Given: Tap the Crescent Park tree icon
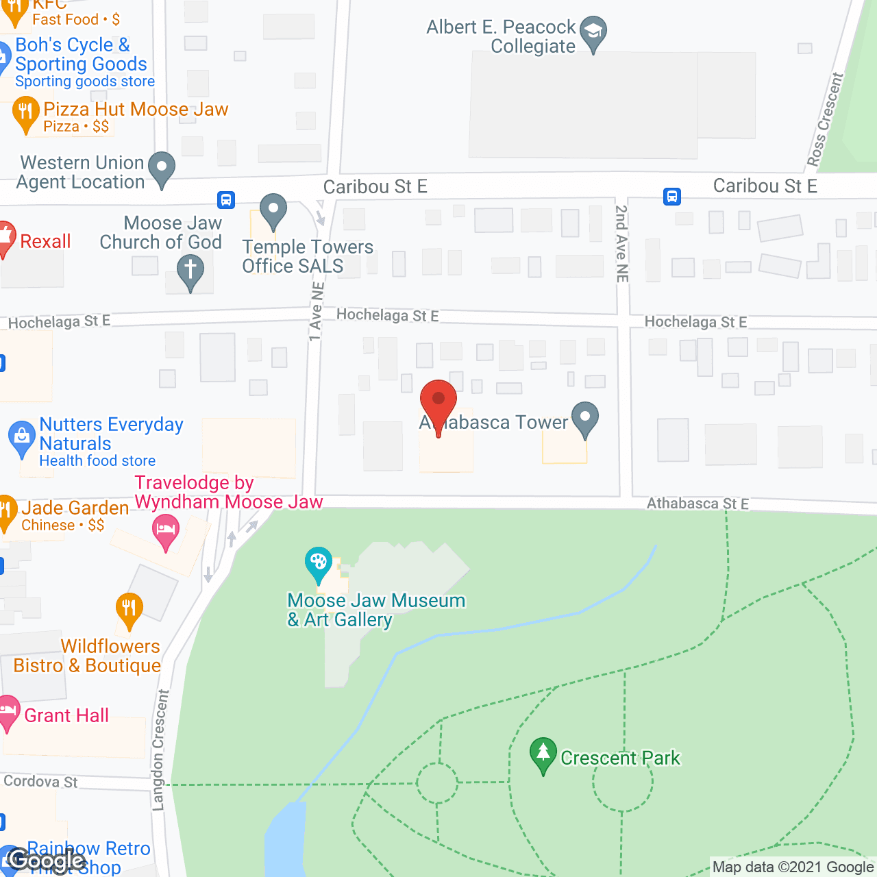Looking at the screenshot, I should pyautogui.click(x=543, y=753).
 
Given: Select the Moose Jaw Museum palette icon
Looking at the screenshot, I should pyautogui.click(x=318, y=563).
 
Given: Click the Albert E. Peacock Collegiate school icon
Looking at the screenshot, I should pyautogui.click(x=593, y=32).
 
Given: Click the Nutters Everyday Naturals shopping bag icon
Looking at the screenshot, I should pyautogui.click(x=21, y=437).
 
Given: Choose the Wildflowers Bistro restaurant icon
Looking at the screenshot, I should pyautogui.click(x=129, y=608).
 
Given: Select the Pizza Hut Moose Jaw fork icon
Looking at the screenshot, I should pyautogui.click(x=25, y=112).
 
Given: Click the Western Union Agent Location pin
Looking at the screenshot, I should pyautogui.click(x=162, y=168).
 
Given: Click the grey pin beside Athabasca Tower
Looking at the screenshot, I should pyautogui.click(x=584, y=417).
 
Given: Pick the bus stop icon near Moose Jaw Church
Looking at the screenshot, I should pyautogui.click(x=226, y=199).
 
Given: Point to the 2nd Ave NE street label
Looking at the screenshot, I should pyautogui.click(x=621, y=243).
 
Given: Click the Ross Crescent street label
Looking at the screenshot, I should pyautogui.click(x=825, y=120).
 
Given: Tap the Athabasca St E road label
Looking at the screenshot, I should pyautogui.click(x=697, y=504).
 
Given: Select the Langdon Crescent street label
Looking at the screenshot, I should pyautogui.click(x=159, y=750).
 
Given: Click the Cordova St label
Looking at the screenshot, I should pyautogui.click(x=40, y=781).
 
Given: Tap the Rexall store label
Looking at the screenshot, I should pyautogui.click(x=45, y=241).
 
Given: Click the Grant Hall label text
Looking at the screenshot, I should pyautogui.click(x=66, y=715).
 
